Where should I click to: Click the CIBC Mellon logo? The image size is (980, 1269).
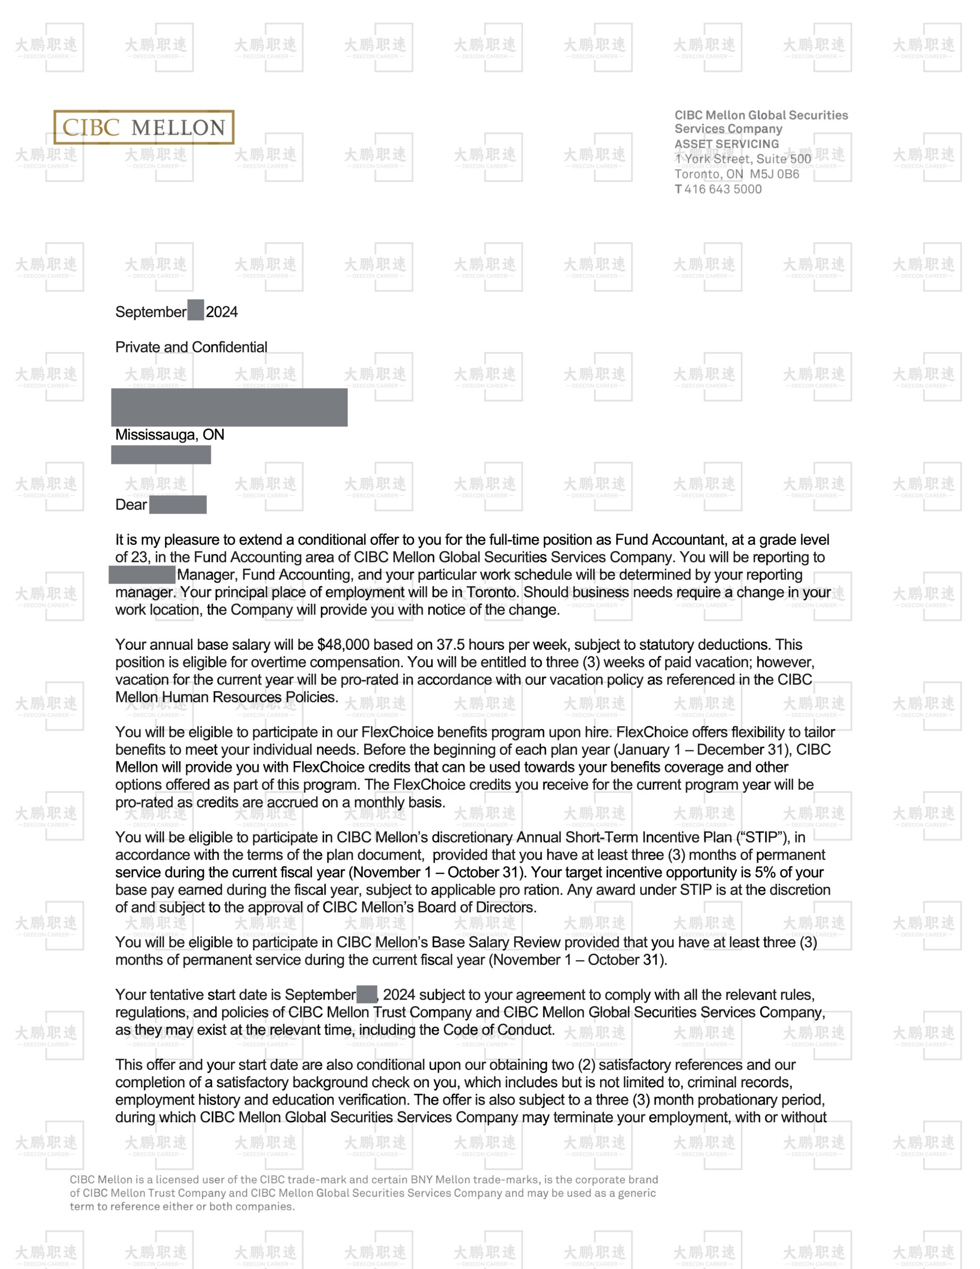pyautogui.click(x=144, y=127)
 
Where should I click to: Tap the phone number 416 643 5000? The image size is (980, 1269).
pyautogui.click(x=723, y=189)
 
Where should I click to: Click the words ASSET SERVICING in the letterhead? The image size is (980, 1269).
pyautogui.click(x=726, y=144)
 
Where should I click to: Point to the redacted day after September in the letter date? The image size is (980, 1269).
pyautogui.click(x=196, y=310)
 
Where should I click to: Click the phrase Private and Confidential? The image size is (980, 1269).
pyautogui.click(x=191, y=347)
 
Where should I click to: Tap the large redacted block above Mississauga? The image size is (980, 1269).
pyautogui.click(x=229, y=407)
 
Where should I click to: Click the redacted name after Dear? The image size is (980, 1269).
pyautogui.click(x=178, y=504)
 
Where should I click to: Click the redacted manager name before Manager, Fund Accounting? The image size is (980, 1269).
pyautogui.click(x=142, y=575)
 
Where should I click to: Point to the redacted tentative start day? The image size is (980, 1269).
pyautogui.click(x=367, y=994)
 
